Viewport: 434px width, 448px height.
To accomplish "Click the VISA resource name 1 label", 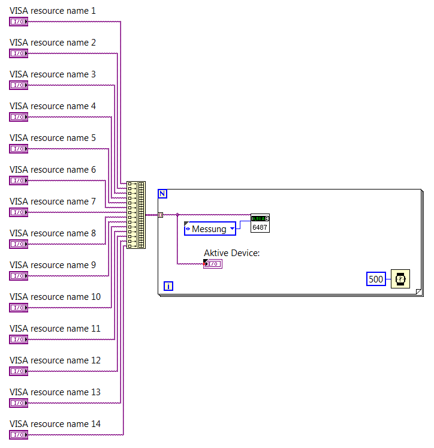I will click(52, 11).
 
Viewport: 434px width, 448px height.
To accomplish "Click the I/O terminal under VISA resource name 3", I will click(19, 85).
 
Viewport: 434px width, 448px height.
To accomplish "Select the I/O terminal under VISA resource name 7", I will click(19, 212).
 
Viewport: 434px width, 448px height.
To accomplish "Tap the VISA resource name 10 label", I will click(55, 297).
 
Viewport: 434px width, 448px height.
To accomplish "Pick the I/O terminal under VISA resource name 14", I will click(19, 435).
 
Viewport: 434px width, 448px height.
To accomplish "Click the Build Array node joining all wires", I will click(136, 215).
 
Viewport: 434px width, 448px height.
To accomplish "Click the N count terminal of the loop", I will click(162, 194).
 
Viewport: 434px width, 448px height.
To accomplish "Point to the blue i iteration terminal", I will click(168, 286).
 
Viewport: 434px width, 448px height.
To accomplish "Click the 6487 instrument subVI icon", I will click(260, 223).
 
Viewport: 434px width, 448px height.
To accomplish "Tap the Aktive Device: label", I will click(231, 253).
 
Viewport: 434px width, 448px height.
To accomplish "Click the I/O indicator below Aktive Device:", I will click(213, 264).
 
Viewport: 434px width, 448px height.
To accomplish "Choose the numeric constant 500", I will click(376, 279).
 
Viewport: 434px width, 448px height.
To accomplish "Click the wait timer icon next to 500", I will click(400, 279).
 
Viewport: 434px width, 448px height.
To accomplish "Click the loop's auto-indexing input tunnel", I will click(160, 214).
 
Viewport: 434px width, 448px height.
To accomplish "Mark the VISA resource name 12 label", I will click(55, 360).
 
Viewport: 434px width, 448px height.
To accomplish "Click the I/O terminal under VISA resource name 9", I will click(19, 276).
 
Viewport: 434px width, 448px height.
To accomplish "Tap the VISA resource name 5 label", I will click(52, 138).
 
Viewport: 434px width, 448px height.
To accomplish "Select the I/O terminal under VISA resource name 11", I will click(19, 339).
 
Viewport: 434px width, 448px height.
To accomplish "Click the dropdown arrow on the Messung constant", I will click(232, 228).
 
